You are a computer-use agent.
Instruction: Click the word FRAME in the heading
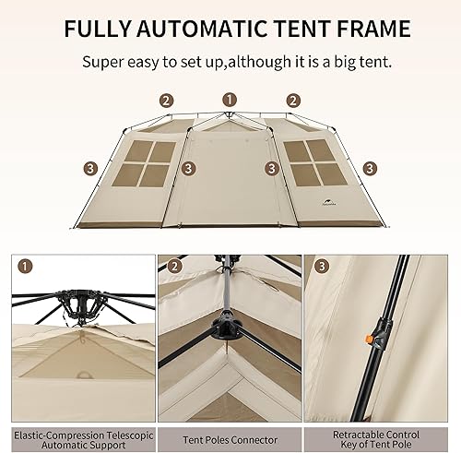[x=373, y=29]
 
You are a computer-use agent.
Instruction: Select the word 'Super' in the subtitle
[x=102, y=63]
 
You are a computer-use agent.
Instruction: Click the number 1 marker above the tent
[x=230, y=100]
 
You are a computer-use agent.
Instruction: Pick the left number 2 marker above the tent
[x=166, y=101]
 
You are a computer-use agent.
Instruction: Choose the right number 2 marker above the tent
[x=293, y=101]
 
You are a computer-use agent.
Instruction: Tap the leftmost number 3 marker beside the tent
[x=90, y=169]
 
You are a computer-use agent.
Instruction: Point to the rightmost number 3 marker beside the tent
[x=370, y=169]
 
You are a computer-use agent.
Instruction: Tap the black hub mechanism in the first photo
[x=79, y=305]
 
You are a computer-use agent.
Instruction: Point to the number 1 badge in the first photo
[x=25, y=267]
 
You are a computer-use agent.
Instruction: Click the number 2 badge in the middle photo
[x=174, y=267]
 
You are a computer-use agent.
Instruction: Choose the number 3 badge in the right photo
[x=322, y=267]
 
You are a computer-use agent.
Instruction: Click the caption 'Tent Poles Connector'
[x=230, y=440]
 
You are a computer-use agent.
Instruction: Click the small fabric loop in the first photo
[x=83, y=375]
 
